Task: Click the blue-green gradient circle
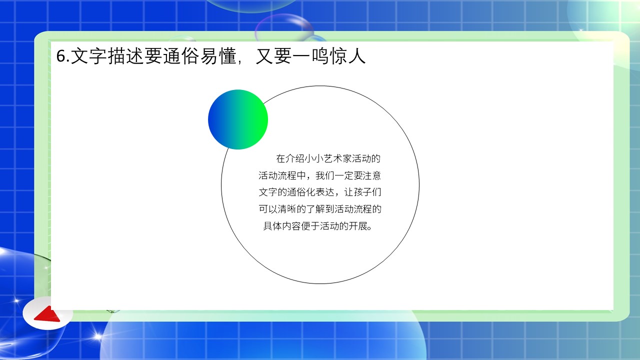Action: (x=238, y=119)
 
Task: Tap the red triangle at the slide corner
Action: (x=47, y=314)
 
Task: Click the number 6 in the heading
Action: (x=61, y=55)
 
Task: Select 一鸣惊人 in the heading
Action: (x=329, y=55)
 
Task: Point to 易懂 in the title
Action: (x=218, y=55)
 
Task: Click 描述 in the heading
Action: (x=125, y=55)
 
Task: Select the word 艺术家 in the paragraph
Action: (x=337, y=158)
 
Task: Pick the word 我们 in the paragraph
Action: (x=324, y=175)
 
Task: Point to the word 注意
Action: (x=371, y=175)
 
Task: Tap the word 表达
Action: (x=324, y=192)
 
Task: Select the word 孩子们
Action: (x=367, y=192)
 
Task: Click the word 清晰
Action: (x=287, y=209)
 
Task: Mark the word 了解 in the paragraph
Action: (x=315, y=209)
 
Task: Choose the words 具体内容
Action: (x=282, y=226)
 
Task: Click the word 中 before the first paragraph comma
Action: (x=301, y=175)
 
